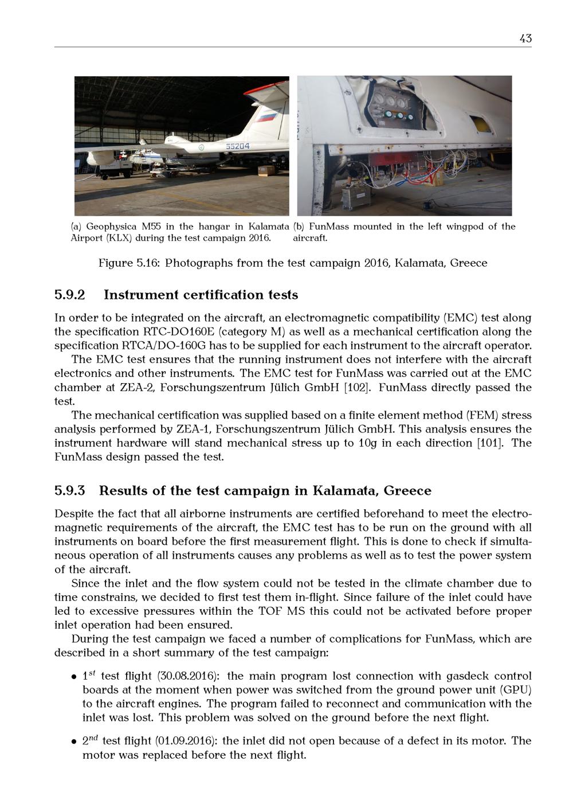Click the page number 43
[x=525, y=38]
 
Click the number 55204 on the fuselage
[x=237, y=146]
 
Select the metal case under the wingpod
[x=355, y=196]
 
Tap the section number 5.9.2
[x=69, y=295]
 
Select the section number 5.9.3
[x=69, y=491]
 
